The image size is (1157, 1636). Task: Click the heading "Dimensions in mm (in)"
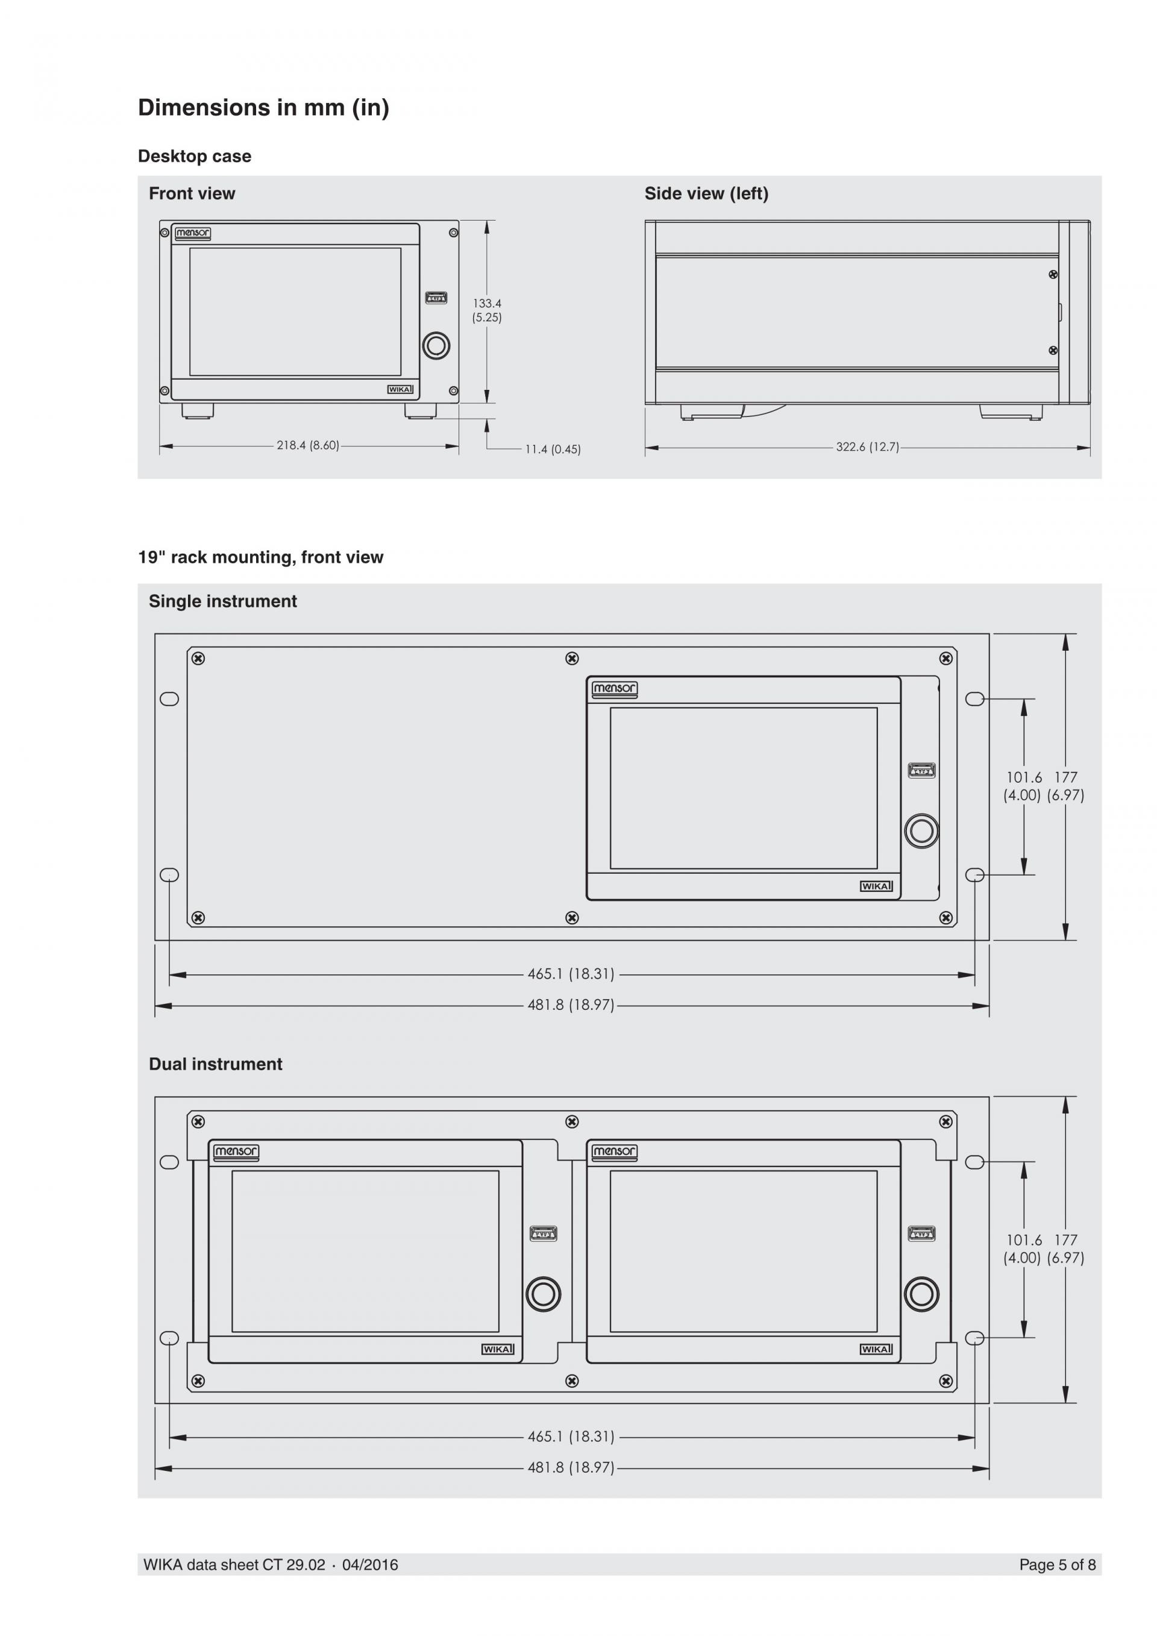tap(263, 108)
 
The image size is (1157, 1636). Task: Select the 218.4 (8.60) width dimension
tap(308, 446)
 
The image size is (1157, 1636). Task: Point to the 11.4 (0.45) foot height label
tap(553, 450)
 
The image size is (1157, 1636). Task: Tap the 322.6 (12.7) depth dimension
tap(867, 448)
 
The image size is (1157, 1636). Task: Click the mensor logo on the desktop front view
tap(192, 233)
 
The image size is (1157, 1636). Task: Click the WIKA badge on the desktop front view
tap(400, 390)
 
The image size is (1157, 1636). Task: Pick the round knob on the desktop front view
tap(436, 346)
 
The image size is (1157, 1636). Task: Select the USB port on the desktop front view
tap(436, 298)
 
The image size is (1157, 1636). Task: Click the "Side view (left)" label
tap(706, 194)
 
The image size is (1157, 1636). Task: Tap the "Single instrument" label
tap(222, 601)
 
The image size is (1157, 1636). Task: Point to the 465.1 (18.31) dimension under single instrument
tap(571, 974)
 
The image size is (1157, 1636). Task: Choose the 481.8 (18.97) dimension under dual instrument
tap(571, 1468)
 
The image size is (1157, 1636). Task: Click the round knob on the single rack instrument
tap(921, 832)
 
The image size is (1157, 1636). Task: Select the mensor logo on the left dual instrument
tap(236, 1152)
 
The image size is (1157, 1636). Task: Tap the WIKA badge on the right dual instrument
tap(876, 1350)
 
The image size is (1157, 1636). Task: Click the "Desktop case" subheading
tap(195, 156)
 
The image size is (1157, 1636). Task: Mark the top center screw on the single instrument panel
tap(571, 659)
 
